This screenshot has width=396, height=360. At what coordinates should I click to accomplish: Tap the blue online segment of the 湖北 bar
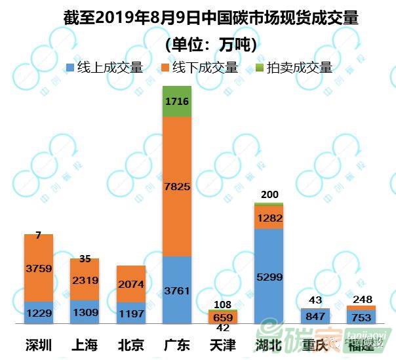coord(269,276)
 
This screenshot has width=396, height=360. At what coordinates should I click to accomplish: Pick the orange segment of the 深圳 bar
coord(39,268)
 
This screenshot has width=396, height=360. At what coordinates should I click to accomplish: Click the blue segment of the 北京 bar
coord(130,313)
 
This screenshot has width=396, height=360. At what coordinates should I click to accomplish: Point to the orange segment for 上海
coord(85,279)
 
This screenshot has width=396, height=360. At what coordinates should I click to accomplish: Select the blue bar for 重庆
coord(315,316)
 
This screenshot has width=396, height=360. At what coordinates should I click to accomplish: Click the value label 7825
coord(176,186)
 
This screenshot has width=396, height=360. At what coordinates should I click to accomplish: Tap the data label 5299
coord(269,277)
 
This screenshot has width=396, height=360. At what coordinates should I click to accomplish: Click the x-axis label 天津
coord(222,344)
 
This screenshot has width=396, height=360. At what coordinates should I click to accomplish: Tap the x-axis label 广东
coord(176,344)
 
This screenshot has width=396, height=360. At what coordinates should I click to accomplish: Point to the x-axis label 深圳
coord(39,344)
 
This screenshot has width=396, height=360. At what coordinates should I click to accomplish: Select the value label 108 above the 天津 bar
coord(223,304)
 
